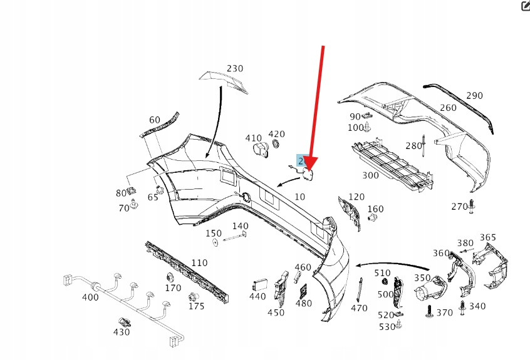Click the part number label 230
point(235,68)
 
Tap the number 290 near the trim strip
point(474,96)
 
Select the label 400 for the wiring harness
point(90,297)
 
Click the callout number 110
point(199,263)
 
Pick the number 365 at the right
point(487,237)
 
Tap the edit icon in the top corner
point(525,6)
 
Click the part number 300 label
point(370,175)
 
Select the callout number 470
point(359,308)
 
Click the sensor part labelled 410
point(259,149)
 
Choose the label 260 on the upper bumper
point(448,108)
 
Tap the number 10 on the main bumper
point(299,197)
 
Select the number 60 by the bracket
point(154,120)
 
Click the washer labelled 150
point(214,242)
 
